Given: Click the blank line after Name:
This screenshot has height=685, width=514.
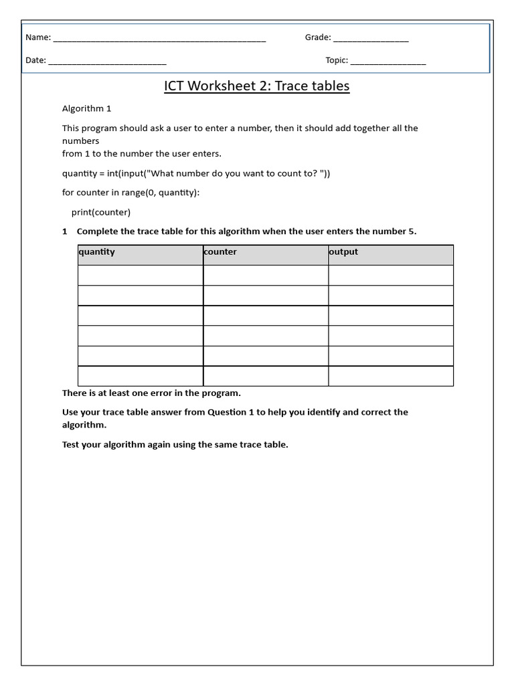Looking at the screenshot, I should pos(159,39).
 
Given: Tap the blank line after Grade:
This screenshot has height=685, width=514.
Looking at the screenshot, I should pos(370,39).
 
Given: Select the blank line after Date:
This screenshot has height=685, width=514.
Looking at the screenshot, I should pos(107,62).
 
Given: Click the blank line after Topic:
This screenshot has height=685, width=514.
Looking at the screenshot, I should pos(388,62).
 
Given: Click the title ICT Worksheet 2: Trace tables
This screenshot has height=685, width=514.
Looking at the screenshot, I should pos(257,86).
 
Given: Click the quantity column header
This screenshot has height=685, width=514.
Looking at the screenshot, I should pos(97,252).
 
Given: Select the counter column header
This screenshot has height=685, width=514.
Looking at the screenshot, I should pos(221,252).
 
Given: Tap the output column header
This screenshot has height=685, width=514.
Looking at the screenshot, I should pos(344,252).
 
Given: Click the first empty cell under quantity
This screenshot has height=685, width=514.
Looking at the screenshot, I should pos(140,276).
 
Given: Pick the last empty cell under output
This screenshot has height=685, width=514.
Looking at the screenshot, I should pos(390,376).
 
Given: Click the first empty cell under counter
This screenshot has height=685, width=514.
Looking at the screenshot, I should pos(265,276).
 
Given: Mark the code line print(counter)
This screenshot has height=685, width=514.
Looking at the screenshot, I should pos(101,213).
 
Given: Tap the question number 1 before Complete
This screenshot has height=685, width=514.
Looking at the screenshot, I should pos(65,231).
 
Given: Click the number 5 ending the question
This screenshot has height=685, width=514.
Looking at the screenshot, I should pos(412,231).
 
